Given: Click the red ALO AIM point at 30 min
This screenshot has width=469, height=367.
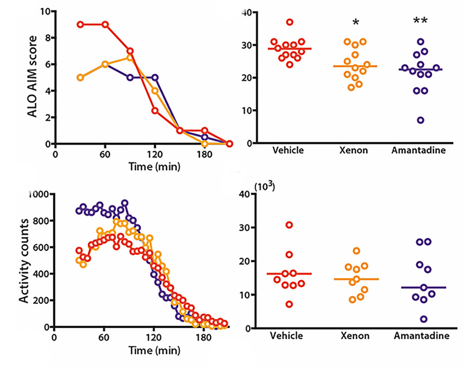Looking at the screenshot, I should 80,24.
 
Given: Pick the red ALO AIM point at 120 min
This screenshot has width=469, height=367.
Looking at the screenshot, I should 155,111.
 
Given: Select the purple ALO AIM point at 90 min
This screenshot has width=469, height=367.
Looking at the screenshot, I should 130,77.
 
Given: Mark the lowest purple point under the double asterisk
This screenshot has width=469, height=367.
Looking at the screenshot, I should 420,120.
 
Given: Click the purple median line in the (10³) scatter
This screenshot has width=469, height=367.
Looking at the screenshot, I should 420,288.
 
